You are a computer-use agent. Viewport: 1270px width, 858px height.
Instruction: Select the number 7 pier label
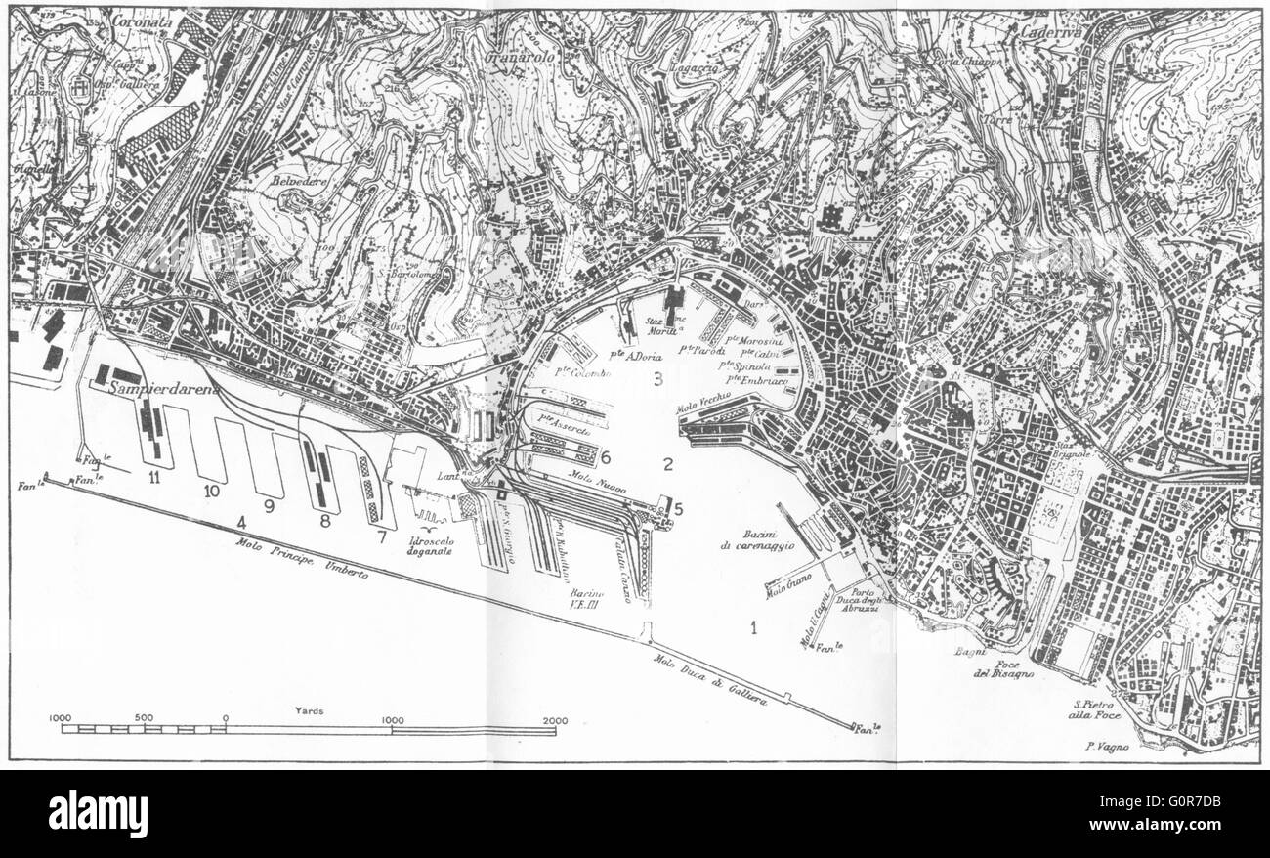coord(381,536)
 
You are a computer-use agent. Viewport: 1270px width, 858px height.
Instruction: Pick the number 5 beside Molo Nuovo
coord(678,508)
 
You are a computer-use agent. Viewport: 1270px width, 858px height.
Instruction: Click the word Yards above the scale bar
coord(310,710)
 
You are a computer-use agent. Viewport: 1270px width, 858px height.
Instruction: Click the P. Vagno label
coord(1106,748)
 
